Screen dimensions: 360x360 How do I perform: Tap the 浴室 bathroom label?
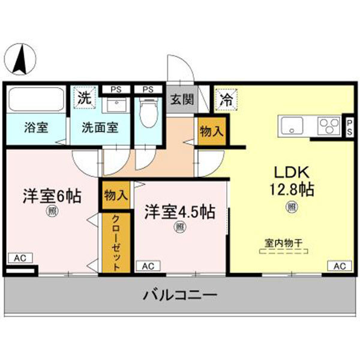point(36,128)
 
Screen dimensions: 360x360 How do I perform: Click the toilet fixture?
point(146,112)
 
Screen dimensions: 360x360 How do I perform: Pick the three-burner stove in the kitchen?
point(326,126)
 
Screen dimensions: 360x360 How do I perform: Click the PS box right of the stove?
point(349,127)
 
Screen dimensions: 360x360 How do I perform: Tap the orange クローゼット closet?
point(116,242)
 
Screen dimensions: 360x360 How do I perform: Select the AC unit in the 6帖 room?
point(20,258)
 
